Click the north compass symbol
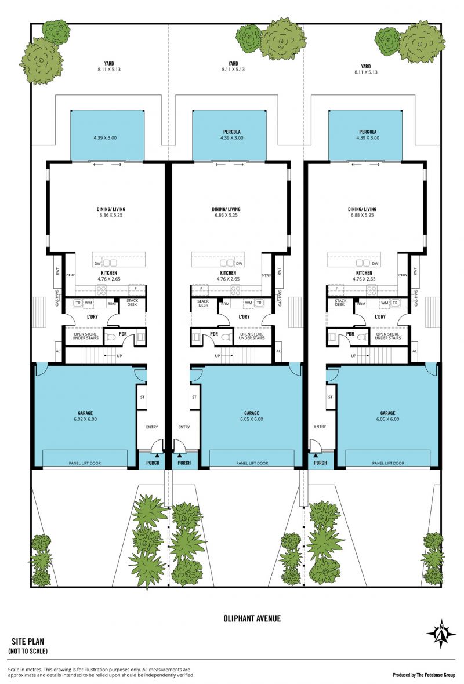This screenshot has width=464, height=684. click(441, 634)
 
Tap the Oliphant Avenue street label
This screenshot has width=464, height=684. click(252, 618)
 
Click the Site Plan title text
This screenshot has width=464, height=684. click(28, 641)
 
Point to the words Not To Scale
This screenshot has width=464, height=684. click(28, 651)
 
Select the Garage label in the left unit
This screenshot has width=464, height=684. click(85, 413)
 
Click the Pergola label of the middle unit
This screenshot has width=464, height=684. click(232, 132)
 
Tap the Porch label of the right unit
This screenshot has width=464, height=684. click(320, 463)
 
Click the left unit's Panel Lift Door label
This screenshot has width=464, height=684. click(85, 463)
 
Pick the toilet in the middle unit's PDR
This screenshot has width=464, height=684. click(226, 337)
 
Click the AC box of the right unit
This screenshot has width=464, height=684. click(414, 351)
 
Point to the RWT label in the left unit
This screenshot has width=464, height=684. click(57, 271)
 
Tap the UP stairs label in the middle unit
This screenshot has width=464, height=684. click(217, 356)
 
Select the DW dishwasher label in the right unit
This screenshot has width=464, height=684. click(375, 264)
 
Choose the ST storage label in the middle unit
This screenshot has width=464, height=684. click(194, 397)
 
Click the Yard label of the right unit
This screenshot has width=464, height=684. click(366, 66)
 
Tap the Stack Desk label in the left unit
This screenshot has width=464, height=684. click(132, 303)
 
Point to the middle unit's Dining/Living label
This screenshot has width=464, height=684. click(226, 209)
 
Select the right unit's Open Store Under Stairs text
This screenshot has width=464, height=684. click(387, 336)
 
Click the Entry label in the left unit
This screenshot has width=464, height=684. click(152, 427)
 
